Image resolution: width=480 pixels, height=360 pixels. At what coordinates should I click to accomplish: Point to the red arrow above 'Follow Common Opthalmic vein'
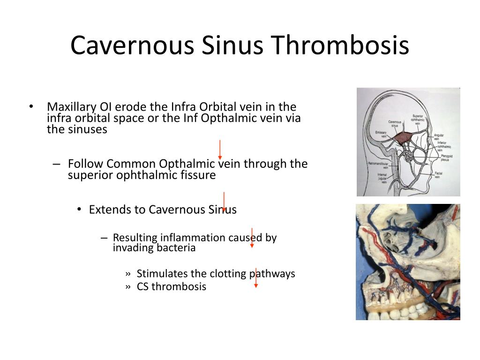pos(220,150)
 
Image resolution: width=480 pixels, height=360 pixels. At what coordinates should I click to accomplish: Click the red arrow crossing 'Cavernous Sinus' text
pos(224,202)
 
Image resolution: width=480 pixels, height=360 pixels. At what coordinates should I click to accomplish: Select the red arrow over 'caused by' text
pos(252,238)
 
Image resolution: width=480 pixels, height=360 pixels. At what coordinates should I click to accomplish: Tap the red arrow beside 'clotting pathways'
pos(255,277)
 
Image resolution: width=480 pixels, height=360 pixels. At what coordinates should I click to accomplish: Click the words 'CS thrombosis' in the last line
pos(171,286)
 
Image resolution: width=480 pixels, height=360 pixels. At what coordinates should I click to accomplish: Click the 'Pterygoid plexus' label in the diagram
pos(447,157)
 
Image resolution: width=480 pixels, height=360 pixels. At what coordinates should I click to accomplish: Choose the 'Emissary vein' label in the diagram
pos(381,134)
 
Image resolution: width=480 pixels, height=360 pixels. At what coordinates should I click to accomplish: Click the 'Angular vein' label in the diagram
pos(439,137)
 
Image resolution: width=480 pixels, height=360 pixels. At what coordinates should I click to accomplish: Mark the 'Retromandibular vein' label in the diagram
pos(379,165)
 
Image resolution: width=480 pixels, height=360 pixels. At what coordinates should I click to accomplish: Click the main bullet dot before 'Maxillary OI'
pos(31,106)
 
